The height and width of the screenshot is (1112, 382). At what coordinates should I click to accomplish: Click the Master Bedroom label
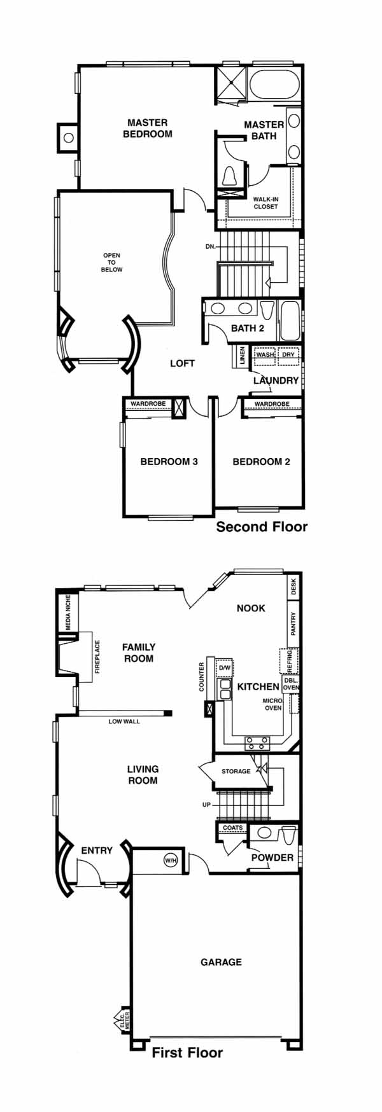[x=147, y=128]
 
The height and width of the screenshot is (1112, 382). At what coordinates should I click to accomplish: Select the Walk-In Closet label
[x=265, y=202]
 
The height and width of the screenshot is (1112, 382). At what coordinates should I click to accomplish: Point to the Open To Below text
[x=111, y=262]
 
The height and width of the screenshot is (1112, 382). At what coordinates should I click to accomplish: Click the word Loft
[x=182, y=363]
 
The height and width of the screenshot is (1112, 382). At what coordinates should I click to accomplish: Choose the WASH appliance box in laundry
[x=265, y=356]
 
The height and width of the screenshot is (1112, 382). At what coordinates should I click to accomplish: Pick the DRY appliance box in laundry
[x=288, y=356]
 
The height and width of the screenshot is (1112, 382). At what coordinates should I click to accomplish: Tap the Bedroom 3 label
[x=169, y=461]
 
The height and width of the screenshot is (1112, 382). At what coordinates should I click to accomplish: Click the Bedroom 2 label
[x=261, y=461]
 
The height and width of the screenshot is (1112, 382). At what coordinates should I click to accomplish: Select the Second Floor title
[x=262, y=526]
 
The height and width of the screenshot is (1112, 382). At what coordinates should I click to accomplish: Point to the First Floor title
[x=187, y=1052]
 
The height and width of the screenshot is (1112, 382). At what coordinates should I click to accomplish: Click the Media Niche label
[x=68, y=613]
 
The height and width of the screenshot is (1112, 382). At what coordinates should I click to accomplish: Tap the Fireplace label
[x=97, y=657]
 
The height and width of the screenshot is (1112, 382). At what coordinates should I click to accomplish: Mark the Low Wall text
[x=124, y=721]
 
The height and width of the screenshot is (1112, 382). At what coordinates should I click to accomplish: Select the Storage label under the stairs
[x=236, y=771]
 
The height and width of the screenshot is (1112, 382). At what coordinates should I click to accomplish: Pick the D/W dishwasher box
[x=224, y=668]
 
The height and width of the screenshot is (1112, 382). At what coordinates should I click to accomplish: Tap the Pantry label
[x=293, y=623]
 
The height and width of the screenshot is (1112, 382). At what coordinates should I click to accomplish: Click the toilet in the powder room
[x=288, y=833]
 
